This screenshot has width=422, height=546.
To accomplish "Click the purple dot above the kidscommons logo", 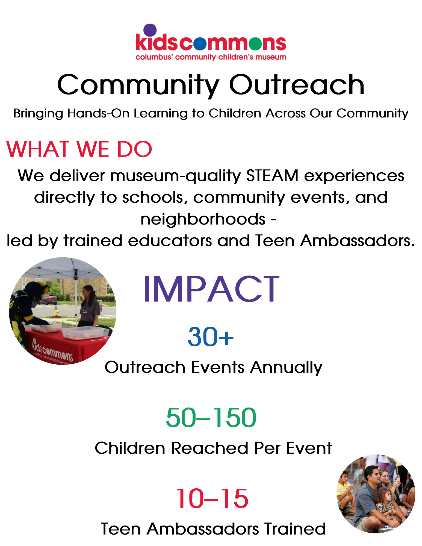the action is point(150,30).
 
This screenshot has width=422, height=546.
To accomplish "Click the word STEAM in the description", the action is point(272,175).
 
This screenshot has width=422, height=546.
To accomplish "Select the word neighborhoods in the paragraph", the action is point(203,219).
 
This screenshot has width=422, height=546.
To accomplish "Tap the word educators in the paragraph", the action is point(170,241).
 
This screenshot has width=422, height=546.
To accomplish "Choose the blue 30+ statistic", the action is point(211,337).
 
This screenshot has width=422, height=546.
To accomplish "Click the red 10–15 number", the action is point(212,498).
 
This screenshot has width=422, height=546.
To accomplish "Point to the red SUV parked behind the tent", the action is point(48,300).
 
